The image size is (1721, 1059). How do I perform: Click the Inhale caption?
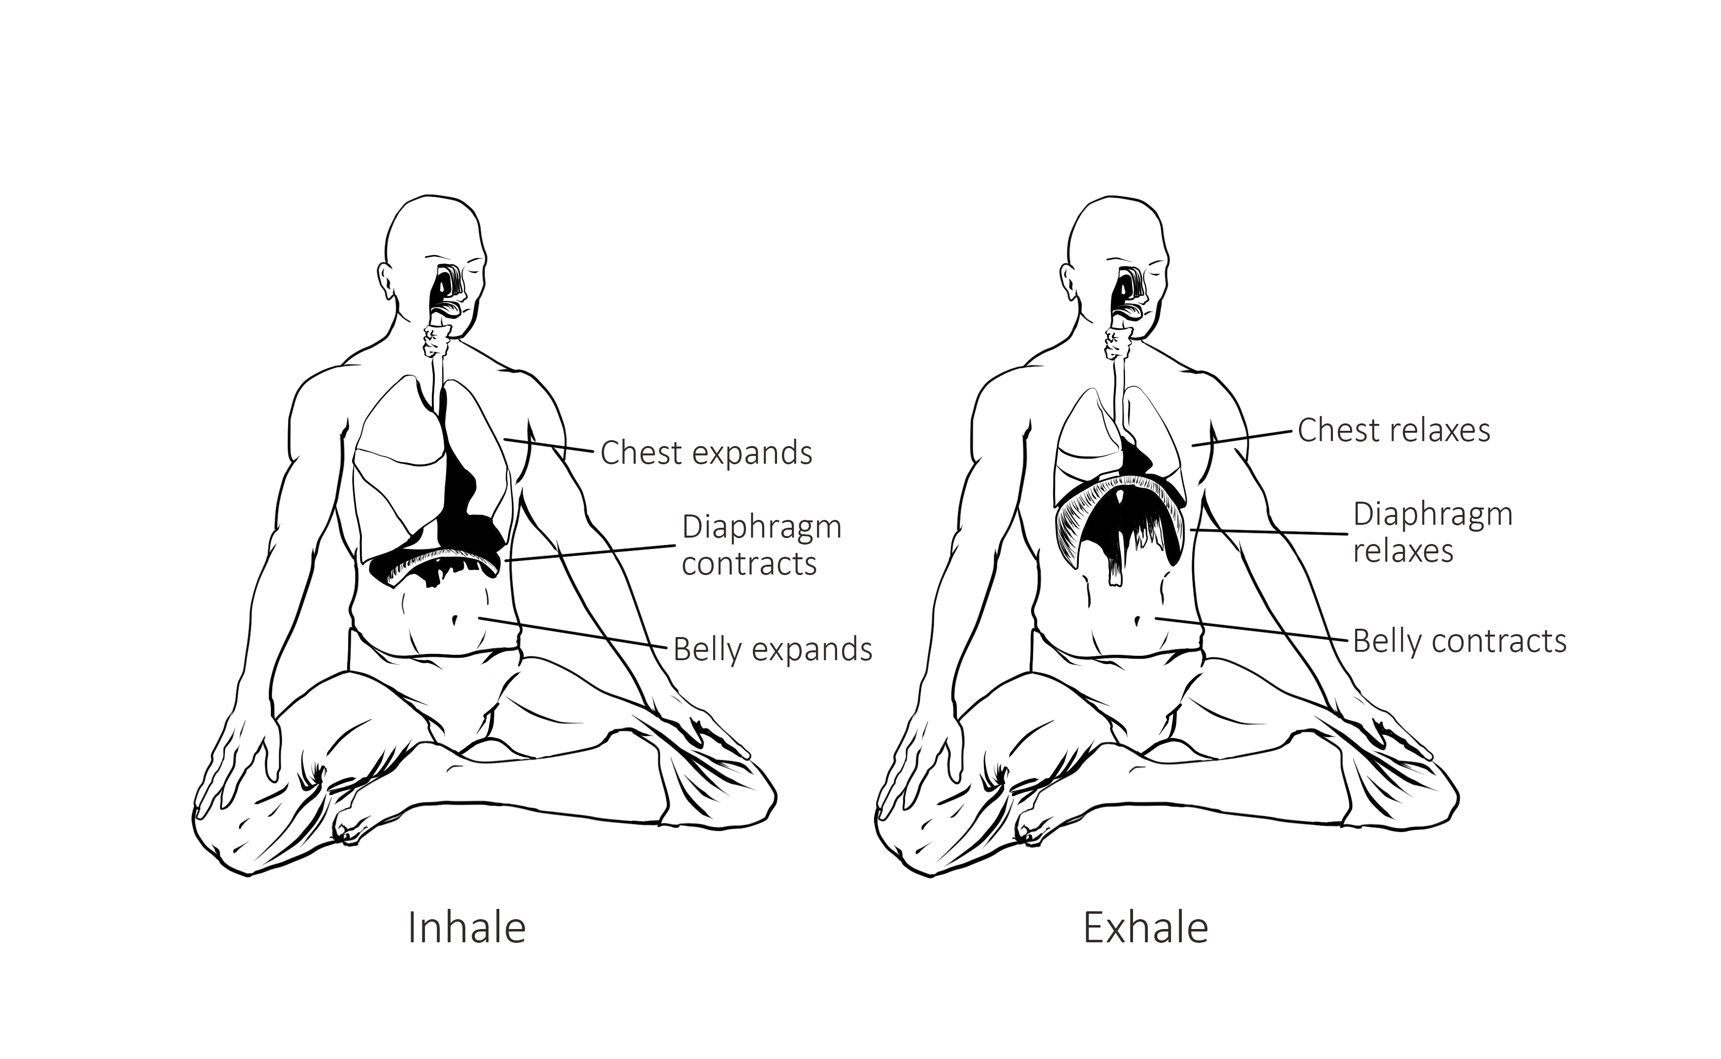[x=466, y=928]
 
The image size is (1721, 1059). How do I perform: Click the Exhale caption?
[x=1145, y=928]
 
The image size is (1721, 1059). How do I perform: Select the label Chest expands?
[x=706, y=453]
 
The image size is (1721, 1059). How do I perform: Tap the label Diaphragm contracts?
[x=761, y=545]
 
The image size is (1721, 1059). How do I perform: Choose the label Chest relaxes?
[x=1394, y=430]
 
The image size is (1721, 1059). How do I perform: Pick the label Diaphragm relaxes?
[x=1432, y=532]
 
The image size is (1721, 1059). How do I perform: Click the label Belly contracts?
[x=1459, y=642]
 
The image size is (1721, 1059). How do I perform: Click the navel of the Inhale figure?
[x=455, y=620]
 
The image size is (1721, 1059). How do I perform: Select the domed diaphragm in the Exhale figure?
[x=1121, y=490]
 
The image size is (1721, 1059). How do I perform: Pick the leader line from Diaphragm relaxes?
[x=1268, y=532]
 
